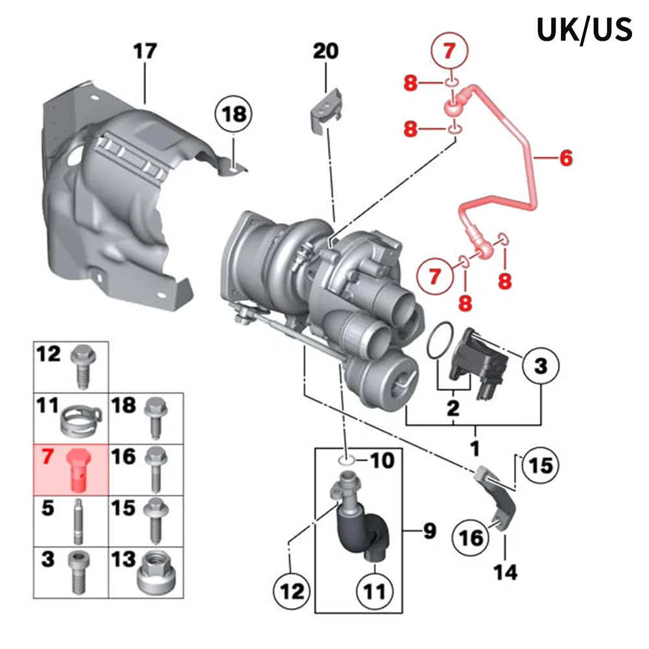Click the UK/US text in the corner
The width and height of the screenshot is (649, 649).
point(584,29)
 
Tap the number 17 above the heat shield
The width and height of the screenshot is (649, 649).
point(145,51)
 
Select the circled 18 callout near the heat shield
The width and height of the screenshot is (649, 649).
point(233,114)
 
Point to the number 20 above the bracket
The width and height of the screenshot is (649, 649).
point(325,51)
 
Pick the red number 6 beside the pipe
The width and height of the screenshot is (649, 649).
point(566,158)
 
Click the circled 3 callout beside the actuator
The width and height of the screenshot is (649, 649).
point(541,366)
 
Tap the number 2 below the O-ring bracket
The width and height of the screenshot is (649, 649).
point(453,408)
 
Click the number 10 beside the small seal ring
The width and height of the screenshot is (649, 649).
point(382,461)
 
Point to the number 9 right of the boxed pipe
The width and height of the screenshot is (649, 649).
point(429,531)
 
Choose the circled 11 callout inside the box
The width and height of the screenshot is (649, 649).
point(375,591)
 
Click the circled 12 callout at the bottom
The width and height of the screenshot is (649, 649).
point(292,591)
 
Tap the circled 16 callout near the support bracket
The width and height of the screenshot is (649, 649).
point(471,538)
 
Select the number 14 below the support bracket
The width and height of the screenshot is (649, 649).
point(505,572)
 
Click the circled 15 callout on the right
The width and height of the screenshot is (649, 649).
point(541,465)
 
